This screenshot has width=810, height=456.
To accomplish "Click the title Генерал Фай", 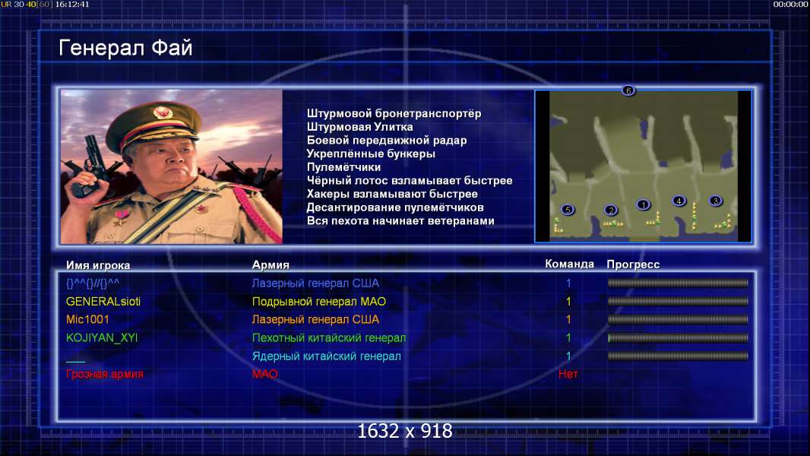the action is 125,48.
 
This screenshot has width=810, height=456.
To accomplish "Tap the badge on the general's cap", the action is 163,112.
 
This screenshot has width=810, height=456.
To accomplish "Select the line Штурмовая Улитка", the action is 359,127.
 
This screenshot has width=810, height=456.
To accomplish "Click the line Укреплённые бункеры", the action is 371,154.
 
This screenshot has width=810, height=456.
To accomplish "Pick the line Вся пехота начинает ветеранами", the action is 400,221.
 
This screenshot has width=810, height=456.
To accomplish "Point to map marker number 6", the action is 628,90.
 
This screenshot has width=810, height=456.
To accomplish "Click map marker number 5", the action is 568,210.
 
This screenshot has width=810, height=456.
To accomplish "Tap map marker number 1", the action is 643,204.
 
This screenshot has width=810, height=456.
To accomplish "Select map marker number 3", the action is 716,201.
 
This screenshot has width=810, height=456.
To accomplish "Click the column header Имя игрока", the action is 98,265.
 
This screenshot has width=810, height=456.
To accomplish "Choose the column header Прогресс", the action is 633,264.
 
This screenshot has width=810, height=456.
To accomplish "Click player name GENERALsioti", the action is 103,302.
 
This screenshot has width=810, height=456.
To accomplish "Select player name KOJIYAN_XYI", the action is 102,337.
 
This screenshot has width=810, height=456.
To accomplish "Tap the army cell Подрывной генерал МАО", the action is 318,302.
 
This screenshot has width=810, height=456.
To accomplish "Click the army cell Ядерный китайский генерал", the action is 327,356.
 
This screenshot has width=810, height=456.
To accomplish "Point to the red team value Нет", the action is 568,374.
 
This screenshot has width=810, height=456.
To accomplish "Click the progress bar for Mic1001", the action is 679,320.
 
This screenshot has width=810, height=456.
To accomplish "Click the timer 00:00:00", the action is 790,4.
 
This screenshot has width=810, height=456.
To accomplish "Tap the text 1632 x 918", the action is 405,431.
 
